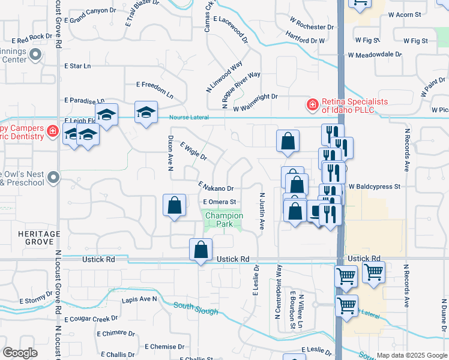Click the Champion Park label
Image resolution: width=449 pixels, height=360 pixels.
coord(224,220)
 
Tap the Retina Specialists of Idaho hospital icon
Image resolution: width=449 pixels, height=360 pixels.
coord(312,106)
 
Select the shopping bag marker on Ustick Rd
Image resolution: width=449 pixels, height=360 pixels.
coord(200,249)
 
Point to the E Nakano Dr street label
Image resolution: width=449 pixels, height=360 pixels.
coord(215,188)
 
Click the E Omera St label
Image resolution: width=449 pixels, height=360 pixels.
coord(220,202)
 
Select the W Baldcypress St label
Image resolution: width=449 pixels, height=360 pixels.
coord(374,187)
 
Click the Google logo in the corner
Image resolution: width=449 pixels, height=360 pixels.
coord(20,353)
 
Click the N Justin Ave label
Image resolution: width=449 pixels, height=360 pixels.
coord(262,211)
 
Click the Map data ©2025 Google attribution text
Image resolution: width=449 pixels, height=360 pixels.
coord(411,355)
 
